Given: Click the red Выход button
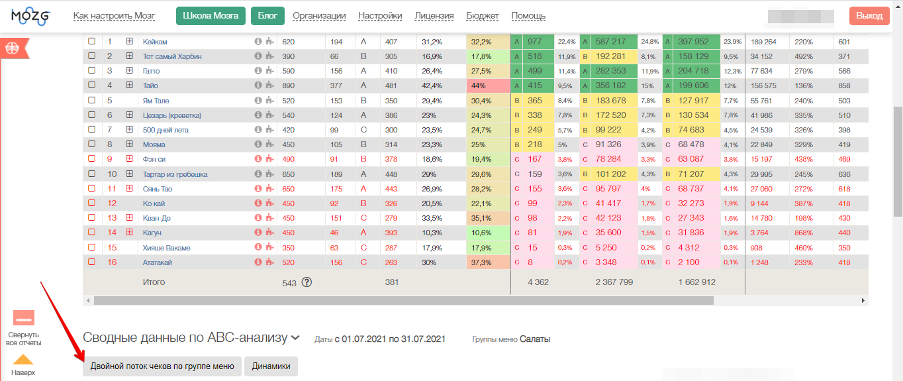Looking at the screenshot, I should click(x=869, y=16).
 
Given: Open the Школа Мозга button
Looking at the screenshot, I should click(x=211, y=16).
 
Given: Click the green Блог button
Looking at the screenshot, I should click(x=267, y=16).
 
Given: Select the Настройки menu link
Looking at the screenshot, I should click(x=380, y=16).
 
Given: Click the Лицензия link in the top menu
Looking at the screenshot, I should click(x=434, y=16).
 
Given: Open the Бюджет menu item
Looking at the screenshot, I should click(x=483, y=16).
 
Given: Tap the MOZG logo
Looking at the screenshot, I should click(x=30, y=16).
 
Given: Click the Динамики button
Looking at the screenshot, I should click(x=271, y=366).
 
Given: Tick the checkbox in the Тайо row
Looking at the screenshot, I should click(x=92, y=85).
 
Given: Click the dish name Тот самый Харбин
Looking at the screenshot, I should click(x=172, y=56).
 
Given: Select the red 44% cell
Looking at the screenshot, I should click(x=488, y=85).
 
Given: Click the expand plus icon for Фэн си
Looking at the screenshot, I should click(x=130, y=159).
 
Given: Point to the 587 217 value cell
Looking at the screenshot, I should click(x=610, y=42).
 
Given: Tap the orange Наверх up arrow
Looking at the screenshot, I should click(x=23, y=360).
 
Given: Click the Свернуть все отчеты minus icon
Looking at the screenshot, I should click(x=24, y=318).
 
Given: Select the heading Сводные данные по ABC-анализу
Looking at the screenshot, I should click(x=185, y=338).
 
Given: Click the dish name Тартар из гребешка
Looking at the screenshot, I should click(x=175, y=174).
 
